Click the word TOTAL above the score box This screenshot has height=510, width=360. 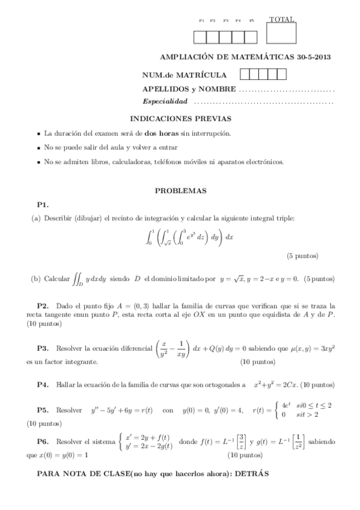[x=281, y=19]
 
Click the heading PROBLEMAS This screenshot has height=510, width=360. [x=181, y=191]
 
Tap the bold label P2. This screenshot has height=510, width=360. [x=43, y=306]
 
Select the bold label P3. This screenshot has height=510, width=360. [x=43, y=348]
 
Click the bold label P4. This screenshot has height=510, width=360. [x=43, y=384]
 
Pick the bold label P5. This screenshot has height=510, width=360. [x=43, y=410]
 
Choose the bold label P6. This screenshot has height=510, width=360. [x=43, y=441]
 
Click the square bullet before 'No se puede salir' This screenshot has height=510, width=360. [x=38, y=148]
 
